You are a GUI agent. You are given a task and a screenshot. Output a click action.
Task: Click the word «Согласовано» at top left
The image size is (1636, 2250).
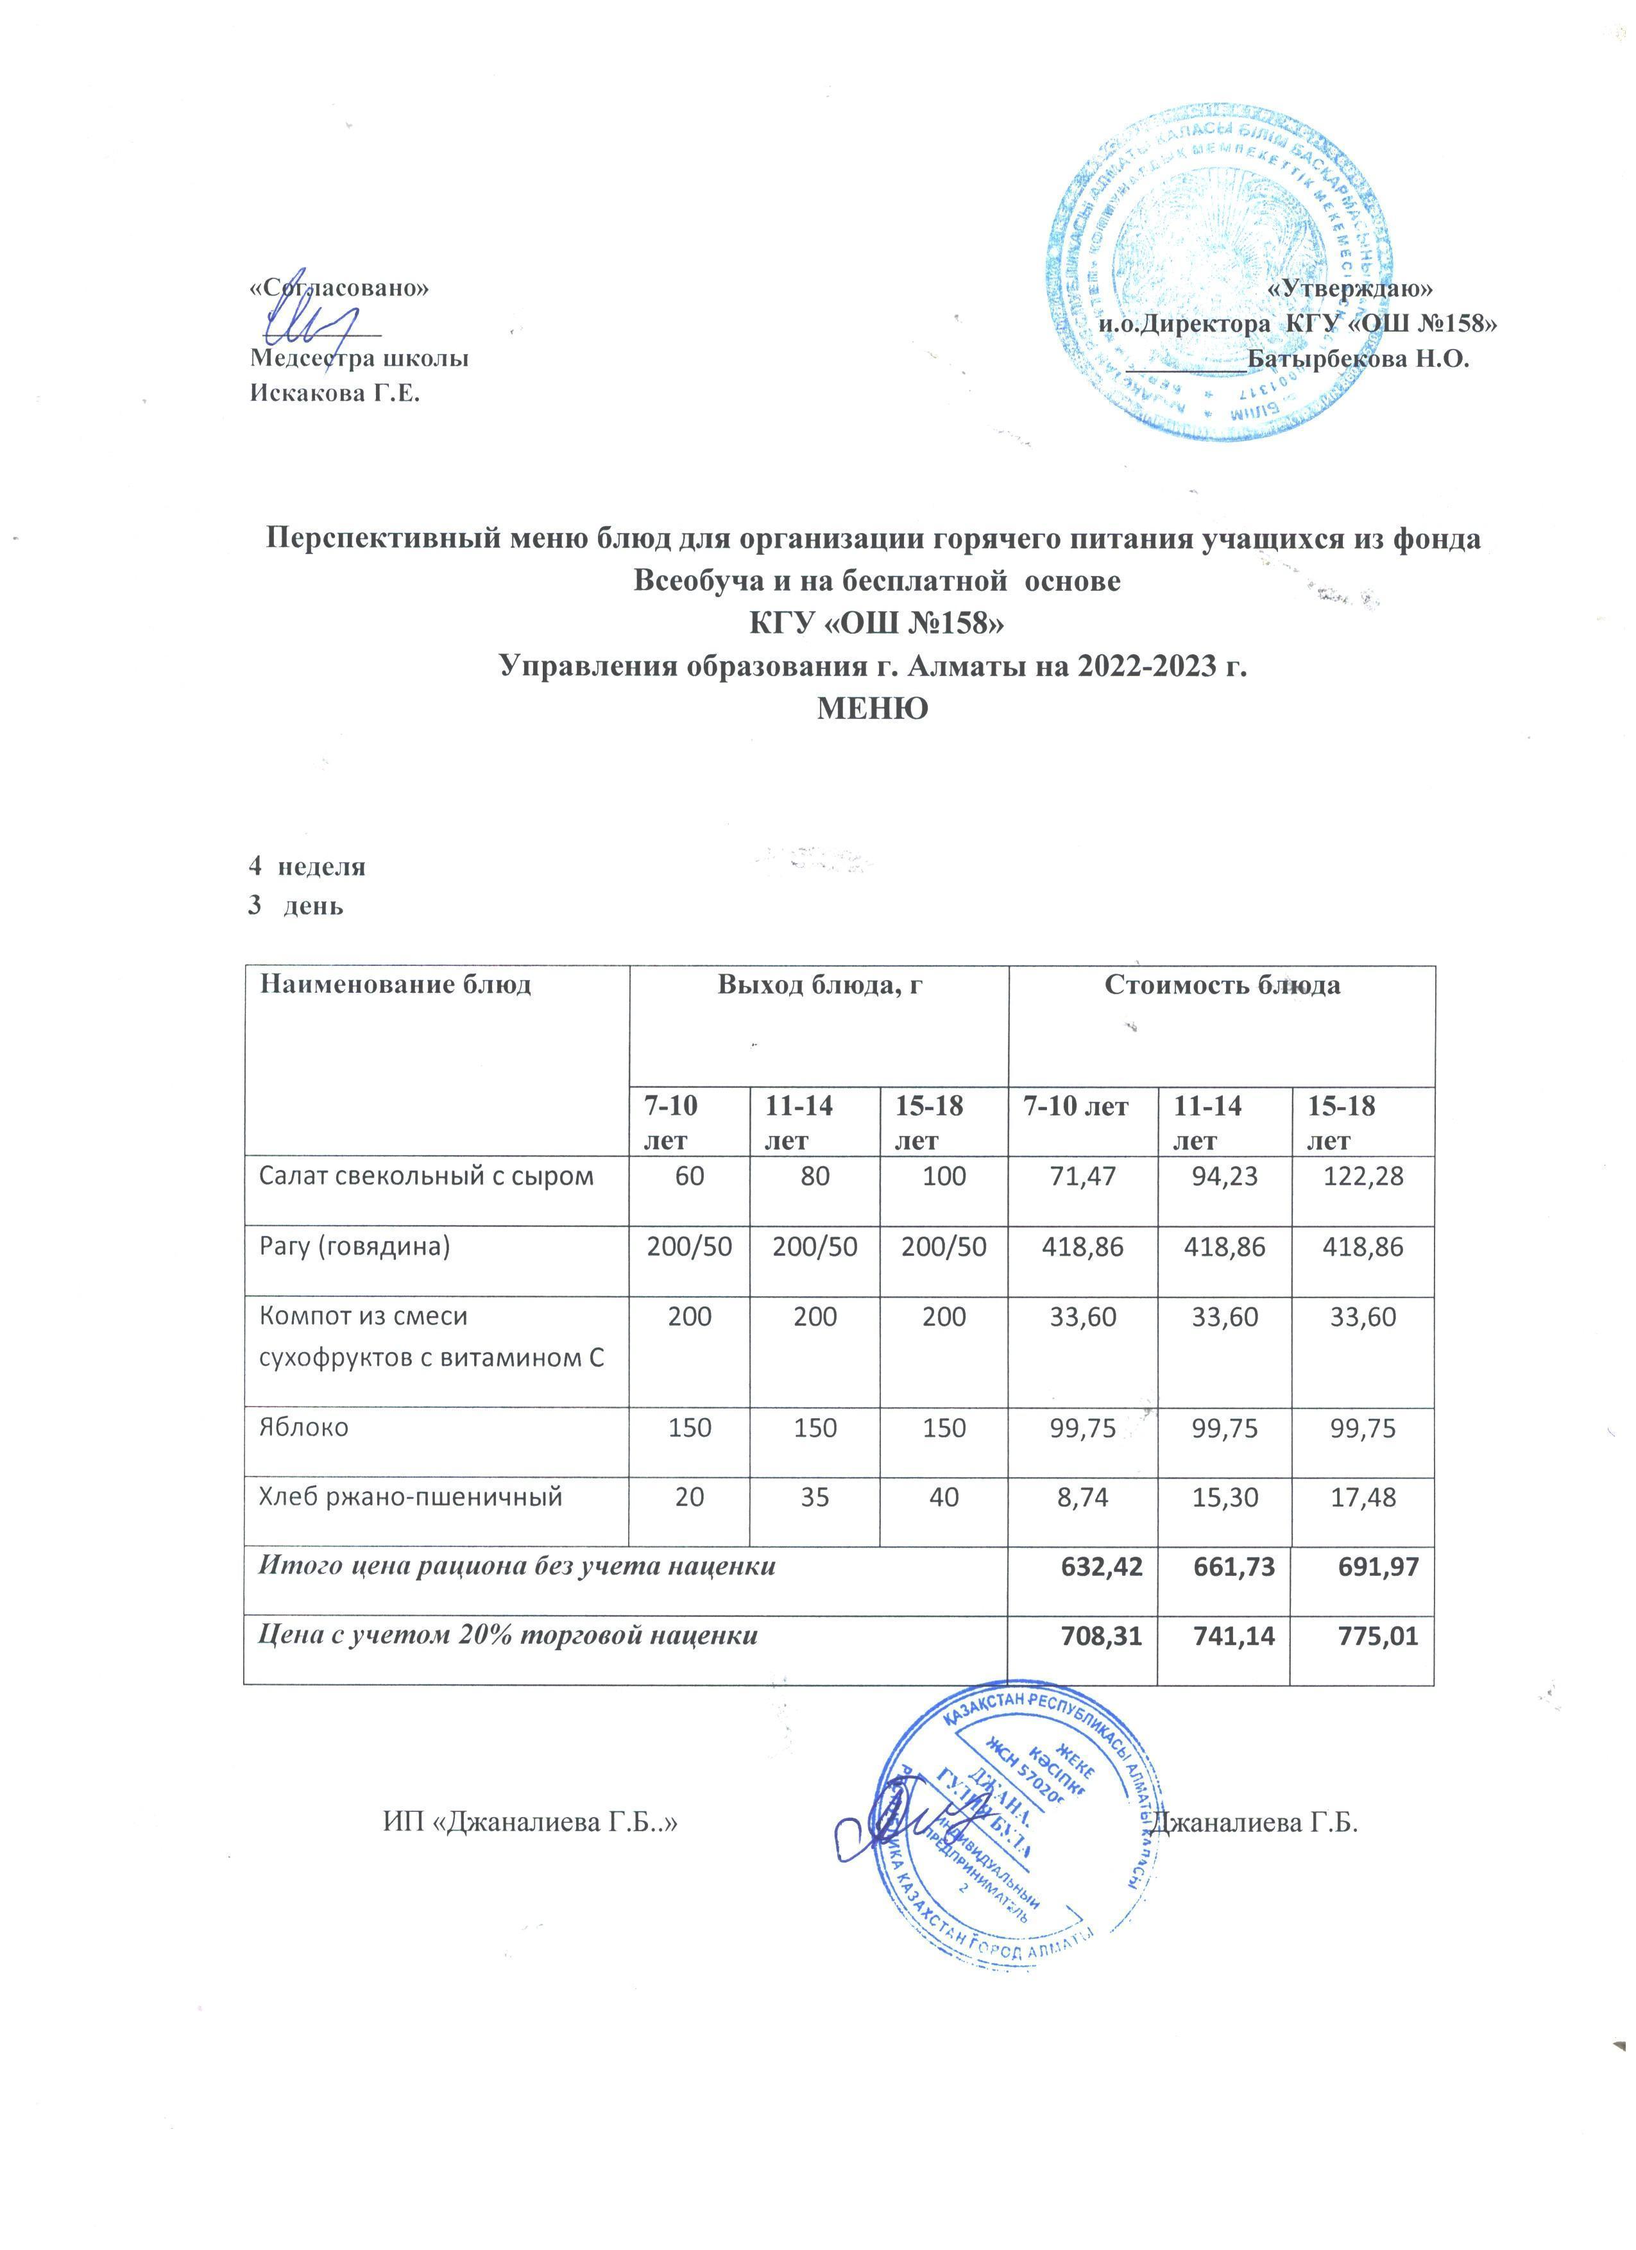tap(339, 288)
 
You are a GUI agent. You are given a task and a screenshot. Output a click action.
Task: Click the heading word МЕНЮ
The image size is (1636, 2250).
tap(871, 708)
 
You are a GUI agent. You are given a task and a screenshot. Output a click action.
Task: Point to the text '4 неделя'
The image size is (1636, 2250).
tap(307, 866)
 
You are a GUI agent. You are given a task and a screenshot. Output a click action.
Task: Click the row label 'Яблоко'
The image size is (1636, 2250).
tap(303, 1428)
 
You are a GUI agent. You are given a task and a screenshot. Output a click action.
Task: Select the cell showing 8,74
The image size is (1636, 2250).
tap(1084, 1497)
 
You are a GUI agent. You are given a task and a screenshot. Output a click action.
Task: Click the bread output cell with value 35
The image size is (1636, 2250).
tap(815, 1497)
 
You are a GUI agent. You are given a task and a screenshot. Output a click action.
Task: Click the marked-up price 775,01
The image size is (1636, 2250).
tap(1374, 1637)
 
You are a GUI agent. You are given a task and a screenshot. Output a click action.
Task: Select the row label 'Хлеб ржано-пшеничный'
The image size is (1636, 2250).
tap(411, 1497)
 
